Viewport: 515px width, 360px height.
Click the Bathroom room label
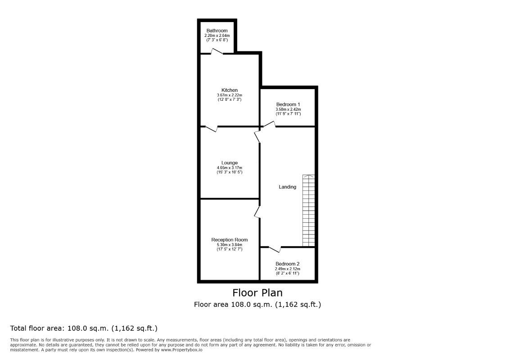pos(217,31)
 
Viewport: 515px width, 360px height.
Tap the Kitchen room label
pos(230,90)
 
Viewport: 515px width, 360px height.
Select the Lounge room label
pos(230,163)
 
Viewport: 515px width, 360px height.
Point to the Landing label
pos(288,187)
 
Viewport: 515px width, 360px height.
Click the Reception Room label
pos(230,240)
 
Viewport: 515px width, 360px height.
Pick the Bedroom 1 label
pos(288,104)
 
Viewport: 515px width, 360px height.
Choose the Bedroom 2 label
pos(288,264)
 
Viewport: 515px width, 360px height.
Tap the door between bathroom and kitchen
pos(217,53)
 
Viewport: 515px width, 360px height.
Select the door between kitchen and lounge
pos(212,129)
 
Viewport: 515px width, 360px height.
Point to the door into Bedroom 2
pos(275,248)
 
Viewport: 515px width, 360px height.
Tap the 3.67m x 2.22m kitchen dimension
pos(230,95)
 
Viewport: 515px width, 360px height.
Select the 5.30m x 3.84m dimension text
pos(230,244)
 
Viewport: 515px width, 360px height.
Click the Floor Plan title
pos(257,293)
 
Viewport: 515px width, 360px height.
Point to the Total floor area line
pos(84,328)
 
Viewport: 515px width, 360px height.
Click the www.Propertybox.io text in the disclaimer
pos(181,350)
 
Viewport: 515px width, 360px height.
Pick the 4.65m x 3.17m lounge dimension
pos(230,168)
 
